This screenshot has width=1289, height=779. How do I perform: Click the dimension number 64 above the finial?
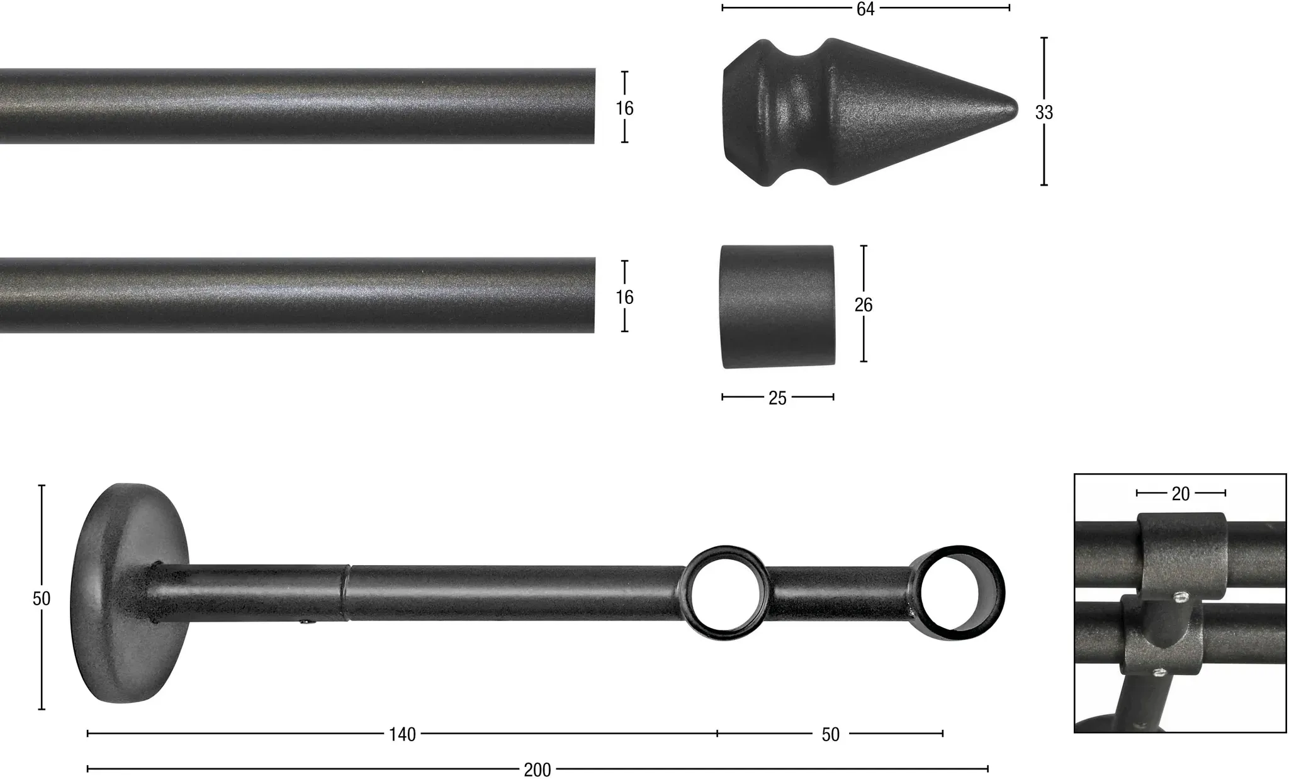[x=865, y=9]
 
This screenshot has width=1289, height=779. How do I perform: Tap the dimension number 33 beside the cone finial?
[x=1044, y=113]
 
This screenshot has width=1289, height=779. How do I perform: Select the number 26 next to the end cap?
[x=864, y=305]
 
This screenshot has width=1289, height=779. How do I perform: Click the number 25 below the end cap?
[x=778, y=398]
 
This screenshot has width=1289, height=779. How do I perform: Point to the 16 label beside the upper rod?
[x=624, y=108]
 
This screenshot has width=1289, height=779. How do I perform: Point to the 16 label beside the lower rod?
[x=624, y=297]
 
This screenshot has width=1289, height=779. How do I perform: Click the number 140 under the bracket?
[x=402, y=734]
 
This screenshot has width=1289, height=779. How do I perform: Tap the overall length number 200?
[x=537, y=770]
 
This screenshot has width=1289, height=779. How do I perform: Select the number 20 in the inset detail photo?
[x=1181, y=494]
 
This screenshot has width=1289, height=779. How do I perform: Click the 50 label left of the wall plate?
[x=42, y=598]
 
